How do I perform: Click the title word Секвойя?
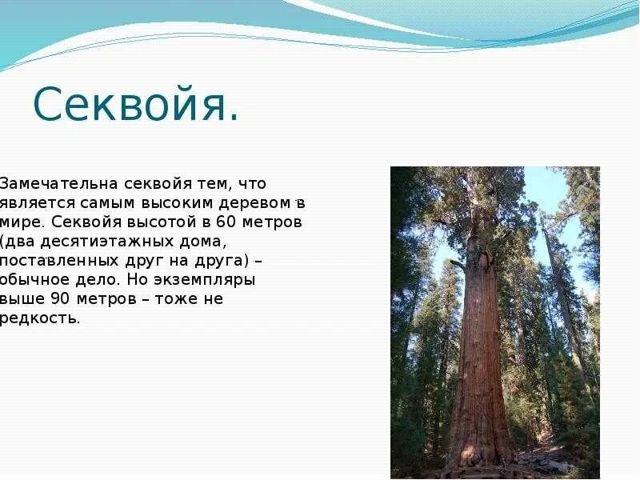pyautogui.click(x=135, y=105)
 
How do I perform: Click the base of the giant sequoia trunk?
pyautogui.click(x=480, y=456)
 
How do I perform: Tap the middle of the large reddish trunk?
pyautogui.click(x=480, y=336)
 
